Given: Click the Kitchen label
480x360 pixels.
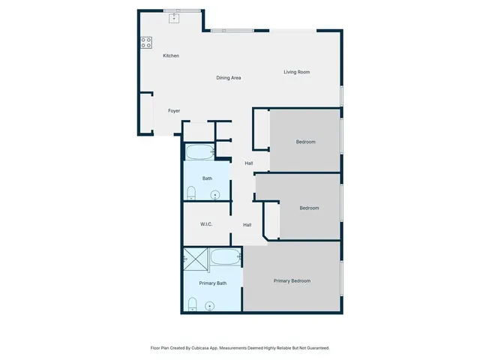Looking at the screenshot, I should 171,55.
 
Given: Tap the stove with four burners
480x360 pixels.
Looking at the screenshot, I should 145,43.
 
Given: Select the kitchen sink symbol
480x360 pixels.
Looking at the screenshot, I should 174,17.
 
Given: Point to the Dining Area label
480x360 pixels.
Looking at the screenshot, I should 228,77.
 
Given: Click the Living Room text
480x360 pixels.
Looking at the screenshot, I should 296,72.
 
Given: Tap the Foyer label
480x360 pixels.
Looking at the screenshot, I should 174,111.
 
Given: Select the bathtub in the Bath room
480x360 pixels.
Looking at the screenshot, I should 200,152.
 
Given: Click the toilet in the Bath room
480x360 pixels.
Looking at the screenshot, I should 190,193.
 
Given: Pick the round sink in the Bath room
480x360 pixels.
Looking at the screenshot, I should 216,196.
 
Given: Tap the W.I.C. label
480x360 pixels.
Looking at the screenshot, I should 208,224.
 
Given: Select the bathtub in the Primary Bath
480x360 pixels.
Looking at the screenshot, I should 225,257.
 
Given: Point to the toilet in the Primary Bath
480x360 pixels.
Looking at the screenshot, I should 192,304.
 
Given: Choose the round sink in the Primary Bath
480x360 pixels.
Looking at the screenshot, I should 210,306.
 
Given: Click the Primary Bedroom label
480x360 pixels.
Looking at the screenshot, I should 292,280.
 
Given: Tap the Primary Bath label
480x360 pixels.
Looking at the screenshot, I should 212,283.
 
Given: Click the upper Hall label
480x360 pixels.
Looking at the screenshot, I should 247,163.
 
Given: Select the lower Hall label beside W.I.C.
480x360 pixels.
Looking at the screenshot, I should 247,224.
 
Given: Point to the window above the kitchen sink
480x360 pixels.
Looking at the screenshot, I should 182,10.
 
